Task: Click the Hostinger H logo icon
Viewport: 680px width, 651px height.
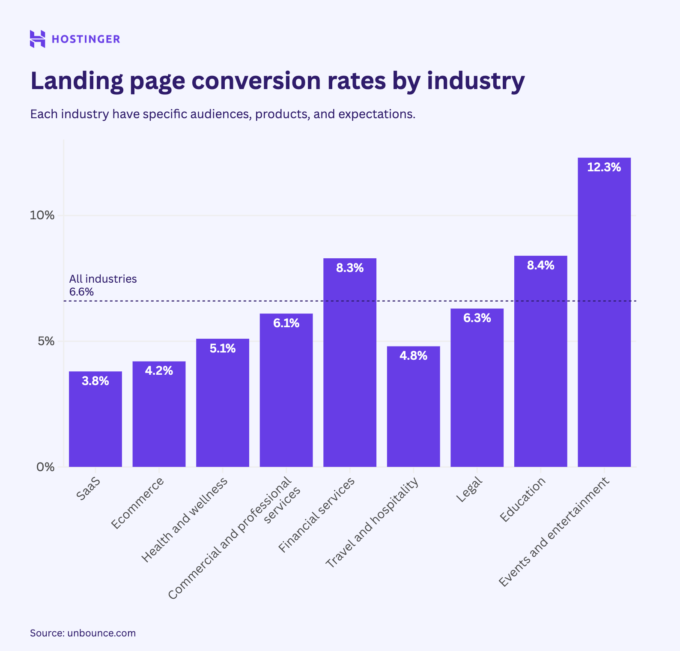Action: coord(37,39)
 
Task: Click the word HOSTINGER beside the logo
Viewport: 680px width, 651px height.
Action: coord(86,39)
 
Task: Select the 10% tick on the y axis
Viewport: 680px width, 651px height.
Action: coord(42,215)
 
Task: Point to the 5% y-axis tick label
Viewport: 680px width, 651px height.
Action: coord(46,341)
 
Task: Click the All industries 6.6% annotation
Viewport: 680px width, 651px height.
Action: coord(103,285)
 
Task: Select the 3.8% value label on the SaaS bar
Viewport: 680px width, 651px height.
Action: coord(95,381)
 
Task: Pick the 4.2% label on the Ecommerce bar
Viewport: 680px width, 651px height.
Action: coord(159,371)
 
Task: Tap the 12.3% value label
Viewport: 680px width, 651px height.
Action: coord(604,167)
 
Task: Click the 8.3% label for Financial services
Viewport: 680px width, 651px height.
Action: coord(350,268)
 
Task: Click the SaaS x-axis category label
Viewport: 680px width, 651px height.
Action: coord(89,489)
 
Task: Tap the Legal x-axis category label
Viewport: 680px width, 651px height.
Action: coord(469,490)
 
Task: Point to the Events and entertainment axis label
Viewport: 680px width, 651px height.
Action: coord(554,533)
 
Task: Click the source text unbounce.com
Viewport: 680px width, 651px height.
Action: coord(101,633)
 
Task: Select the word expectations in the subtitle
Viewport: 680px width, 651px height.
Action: coord(376,114)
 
